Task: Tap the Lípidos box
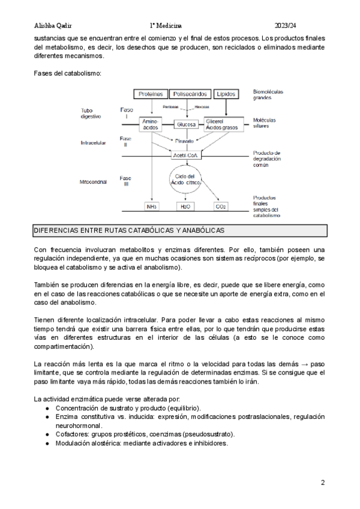point(226,94)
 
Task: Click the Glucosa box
point(186,124)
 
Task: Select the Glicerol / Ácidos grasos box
point(223,124)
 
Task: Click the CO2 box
point(220,206)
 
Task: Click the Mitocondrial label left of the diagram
point(94,181)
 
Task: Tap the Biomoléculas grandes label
point(268,95)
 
